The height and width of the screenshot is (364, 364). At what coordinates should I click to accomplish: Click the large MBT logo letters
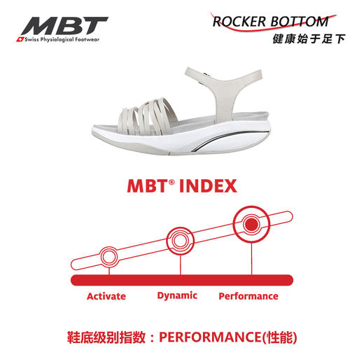point(64,25)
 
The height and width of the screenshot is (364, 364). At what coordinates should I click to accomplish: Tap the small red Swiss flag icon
point(20,40)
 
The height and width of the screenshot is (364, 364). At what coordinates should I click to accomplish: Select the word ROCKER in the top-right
point(239,22)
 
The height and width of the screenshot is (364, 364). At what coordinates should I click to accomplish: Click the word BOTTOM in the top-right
point(300,22)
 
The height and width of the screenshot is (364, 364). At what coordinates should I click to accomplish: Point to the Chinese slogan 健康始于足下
point(309,39)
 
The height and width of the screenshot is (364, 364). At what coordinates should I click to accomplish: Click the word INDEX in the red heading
point(209,186)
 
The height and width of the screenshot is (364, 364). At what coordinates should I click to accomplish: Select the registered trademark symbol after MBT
point(171,182)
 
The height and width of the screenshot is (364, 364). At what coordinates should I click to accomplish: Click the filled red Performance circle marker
point(251,224)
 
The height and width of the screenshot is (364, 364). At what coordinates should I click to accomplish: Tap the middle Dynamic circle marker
point(180,241)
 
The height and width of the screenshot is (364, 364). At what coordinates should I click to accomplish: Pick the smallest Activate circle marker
point(109,257)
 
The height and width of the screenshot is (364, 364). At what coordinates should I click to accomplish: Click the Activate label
point(106,296)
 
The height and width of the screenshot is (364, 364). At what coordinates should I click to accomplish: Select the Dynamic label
point(177,296)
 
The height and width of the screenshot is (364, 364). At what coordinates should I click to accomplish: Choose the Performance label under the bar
point(248,296)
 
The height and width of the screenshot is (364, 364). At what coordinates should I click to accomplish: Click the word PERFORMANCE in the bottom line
point(210,337)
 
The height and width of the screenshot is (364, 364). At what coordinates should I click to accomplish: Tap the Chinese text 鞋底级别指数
point(106,337)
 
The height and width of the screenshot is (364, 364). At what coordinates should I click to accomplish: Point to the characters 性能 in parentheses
point(280,337)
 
